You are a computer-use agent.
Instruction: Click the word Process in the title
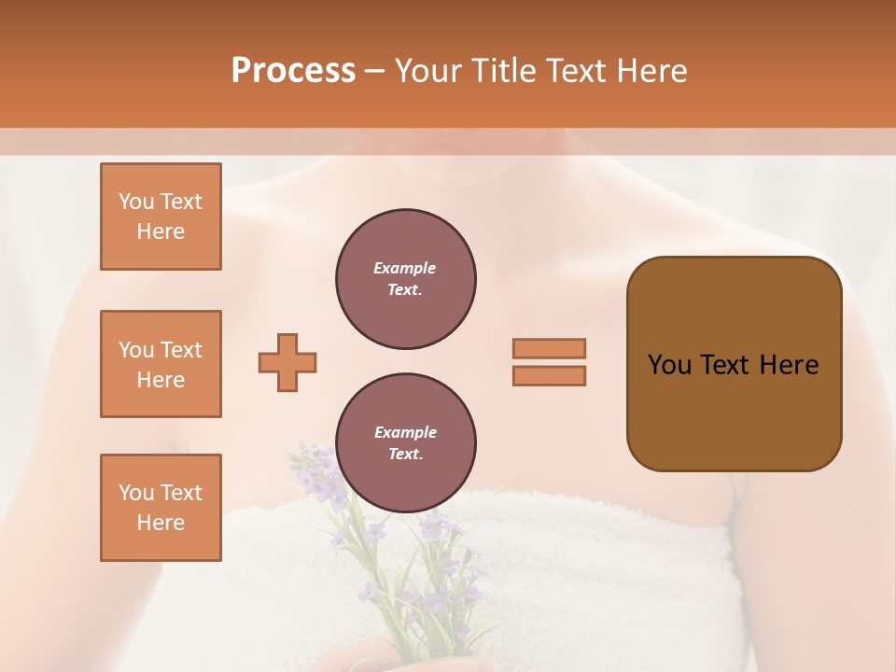pyautogui.click(x=293, y=71)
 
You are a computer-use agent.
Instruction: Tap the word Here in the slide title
pyautogui.click(x=651, y=71)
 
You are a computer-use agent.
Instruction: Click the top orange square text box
pyautogui.click(x=161, y=217)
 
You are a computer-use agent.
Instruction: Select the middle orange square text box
pyautogui.click(x=161, y=364)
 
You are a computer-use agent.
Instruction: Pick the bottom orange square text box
pyautogui.click(x=161, y=508)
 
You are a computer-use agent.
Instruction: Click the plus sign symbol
pyautogui.click(x=287, y=362)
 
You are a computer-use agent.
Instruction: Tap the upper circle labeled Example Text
pyautogui.click(x=406, y=279)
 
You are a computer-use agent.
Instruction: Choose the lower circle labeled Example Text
pyautogui.click(x=406, y=443)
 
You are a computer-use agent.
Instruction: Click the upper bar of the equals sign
pyautogui.click(x=550, y=348)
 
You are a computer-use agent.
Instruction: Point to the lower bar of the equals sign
pyautogui.click(x=550, y=375)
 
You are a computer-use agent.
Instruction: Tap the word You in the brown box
pyautogui.click(x=668, y=365)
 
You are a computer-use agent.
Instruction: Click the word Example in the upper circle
pyautogui.click(x=405, y=268)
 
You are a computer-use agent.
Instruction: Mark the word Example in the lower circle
pyautogui.click(x=405, y=432)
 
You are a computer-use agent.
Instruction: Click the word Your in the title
pyautogui.click(x=428, y=71)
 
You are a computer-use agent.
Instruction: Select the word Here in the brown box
pyautogui.click(x=789, y=365)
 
